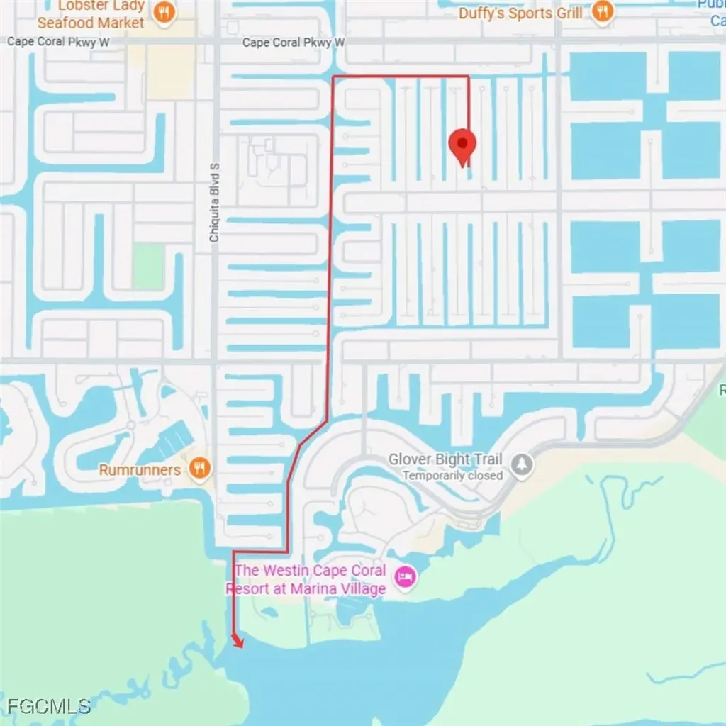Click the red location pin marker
click(x=463, y=145)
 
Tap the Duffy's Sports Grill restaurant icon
click(x=602, y=11)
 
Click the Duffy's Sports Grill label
click(x=520, y=13)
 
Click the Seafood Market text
click(x=91, y=23)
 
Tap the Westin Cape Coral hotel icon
click(x=406, y=577)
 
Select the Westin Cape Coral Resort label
click(x=311, y=571)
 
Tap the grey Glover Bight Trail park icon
click(x=523, y=465)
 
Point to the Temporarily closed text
click(x=452, y=476)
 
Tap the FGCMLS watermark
click(x=49, y=705)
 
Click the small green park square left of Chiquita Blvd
click(x=148, y=267)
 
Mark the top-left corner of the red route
click(x=334, y=76)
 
